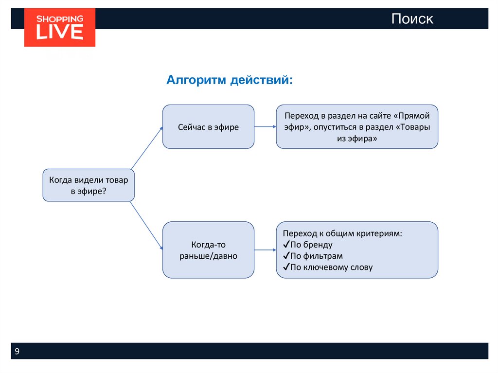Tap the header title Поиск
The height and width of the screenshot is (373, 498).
[412, 19]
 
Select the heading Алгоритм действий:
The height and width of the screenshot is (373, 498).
[230, 79]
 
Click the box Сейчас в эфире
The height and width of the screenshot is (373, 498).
[208, 127]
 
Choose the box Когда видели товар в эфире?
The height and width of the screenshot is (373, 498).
[89, 185]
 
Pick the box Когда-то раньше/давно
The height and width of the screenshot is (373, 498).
[208, 250]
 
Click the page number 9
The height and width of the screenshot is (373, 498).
[17, 352]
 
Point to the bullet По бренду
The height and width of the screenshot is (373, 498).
[311, 245]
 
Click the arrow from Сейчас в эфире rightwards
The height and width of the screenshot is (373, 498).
[265, 127]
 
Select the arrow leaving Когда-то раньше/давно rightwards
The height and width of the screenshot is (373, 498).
[265, 250]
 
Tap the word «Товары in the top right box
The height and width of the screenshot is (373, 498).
[413, 127]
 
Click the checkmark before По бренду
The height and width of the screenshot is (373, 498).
[286, 245]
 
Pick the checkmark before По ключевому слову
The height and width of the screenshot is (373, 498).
[286, 267]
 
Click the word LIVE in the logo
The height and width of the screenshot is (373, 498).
[60, 32]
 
